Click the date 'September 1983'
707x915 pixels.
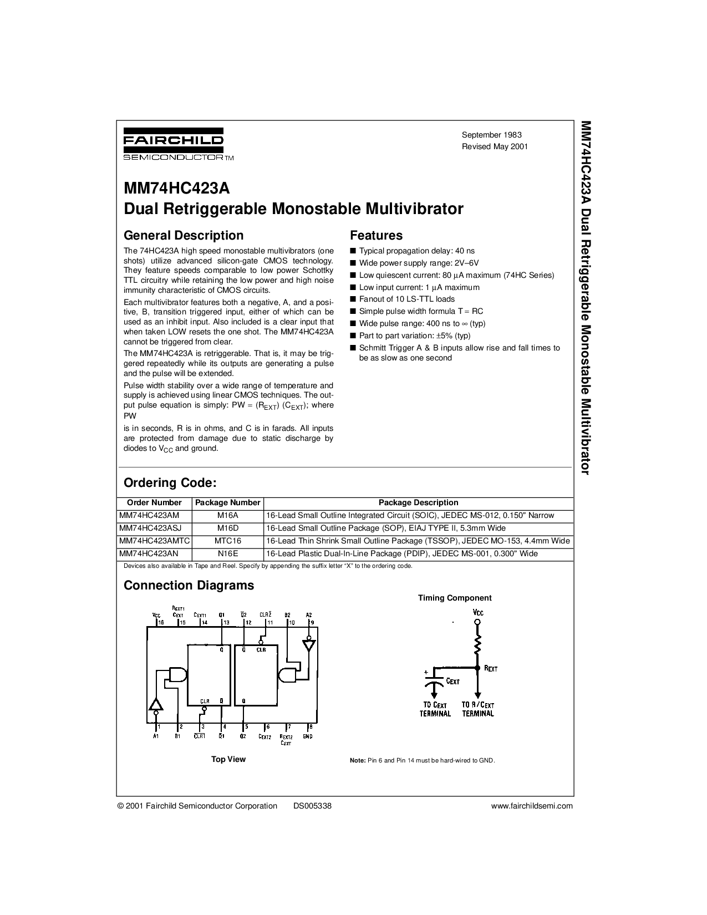pos(491,135)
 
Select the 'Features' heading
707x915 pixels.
pos(376,235)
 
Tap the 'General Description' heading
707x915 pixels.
pos(183,235)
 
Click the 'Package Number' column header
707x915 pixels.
pos(228,502)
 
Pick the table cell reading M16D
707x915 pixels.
pos(228,528)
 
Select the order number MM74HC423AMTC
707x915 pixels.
pos(155,541)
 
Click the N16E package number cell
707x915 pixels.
pos(228,553)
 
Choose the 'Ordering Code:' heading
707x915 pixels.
pos(170,482)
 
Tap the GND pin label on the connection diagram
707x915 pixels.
pos(307,736)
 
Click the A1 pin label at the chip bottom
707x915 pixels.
pos(156,736)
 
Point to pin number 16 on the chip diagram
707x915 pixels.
pos(161,622)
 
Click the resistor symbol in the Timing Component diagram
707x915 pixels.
pos(477,645)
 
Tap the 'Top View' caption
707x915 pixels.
pos(228,759)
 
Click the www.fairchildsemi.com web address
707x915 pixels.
pos(532,806)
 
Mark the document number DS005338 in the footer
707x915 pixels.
pos(312,806)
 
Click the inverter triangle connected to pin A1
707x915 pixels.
pos(156,704)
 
